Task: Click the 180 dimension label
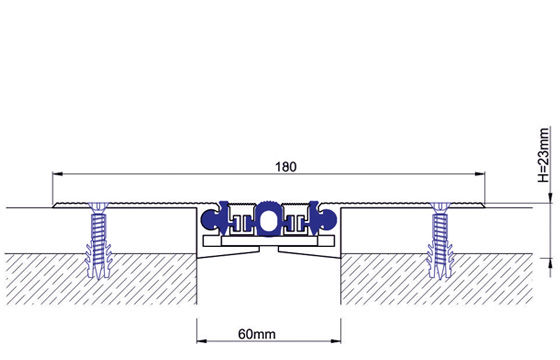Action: pyautogui.click(x=286, y=167)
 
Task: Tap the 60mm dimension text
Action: pyautogui.click(x=257, y=334)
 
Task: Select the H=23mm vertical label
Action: pyautogui.click(x=543, y=155)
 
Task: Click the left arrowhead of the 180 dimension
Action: pyautogui.click(x=58, y=174)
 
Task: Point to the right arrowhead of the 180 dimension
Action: pyautogui.click(x=480, y=174)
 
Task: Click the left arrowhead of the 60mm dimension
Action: pyautogui.click(x=202, y=341)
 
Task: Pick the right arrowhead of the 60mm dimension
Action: pyautogui.click(x=336, y=341)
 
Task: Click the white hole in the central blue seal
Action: pyautogui.click(x=265, y=221)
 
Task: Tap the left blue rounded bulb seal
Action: pyautogui.click(x=210, y=219)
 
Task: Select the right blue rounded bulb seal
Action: pyautogui.click(x=328, y=219)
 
